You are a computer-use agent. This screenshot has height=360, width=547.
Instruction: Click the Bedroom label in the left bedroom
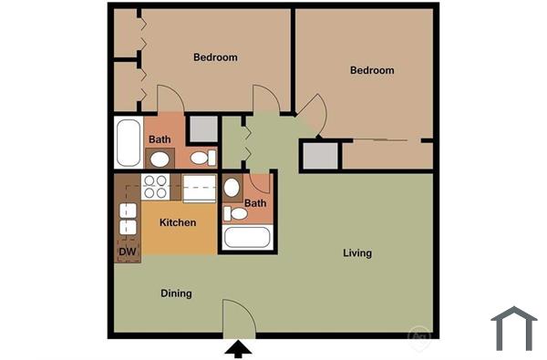coord(215,57)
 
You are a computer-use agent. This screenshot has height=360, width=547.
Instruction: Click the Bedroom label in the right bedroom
coord(372,70)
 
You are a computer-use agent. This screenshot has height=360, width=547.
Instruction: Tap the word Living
coord(356,252)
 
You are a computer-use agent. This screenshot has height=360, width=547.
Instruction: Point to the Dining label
coord(176,293)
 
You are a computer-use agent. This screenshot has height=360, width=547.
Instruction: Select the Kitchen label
coord(178,222)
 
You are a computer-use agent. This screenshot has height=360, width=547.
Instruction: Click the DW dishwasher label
coord(127,252)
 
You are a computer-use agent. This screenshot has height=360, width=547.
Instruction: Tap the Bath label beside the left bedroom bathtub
coord(160,139)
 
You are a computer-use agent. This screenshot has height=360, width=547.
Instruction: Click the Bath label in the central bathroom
coord(254,203)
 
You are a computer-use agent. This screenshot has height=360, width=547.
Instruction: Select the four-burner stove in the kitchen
coord(156,187)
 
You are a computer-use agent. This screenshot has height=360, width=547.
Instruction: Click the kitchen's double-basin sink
coord(128,219)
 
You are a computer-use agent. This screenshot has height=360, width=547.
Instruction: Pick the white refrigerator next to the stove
coord(200,188)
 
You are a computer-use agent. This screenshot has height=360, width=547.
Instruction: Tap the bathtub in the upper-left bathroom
coord(127,142)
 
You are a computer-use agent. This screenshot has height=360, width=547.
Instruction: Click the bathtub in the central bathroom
coord(247,239)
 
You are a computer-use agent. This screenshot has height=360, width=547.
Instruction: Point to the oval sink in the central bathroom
coord(232,189)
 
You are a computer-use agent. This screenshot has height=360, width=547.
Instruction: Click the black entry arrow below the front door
coord(238,348)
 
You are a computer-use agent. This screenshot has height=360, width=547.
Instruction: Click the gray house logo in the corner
coord(513,327)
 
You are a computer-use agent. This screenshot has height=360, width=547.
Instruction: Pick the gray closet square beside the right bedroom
coord(319,156)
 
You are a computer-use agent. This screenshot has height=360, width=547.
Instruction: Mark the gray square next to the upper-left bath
coord(201,129)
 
